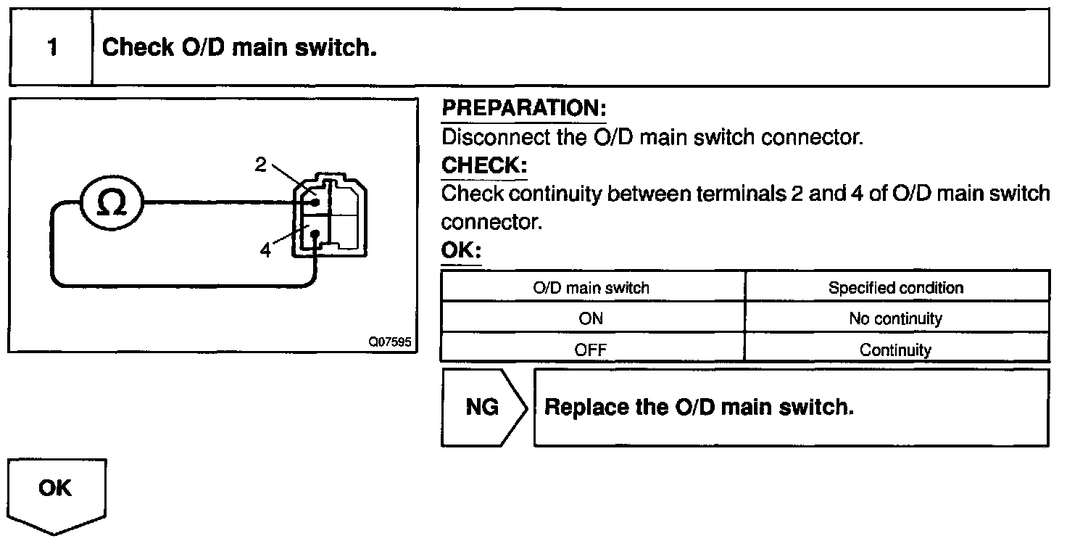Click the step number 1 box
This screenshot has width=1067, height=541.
[x=51, y=47]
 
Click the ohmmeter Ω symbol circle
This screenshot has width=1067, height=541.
[x=112, y=202]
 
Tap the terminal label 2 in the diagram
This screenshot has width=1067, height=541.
[x=260, y=165]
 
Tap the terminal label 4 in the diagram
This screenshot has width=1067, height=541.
[x=265, y=249]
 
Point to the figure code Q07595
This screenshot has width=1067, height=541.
[x=390, y=342]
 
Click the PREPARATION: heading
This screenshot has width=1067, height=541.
[x=524, y=108]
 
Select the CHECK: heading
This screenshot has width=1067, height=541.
[x=484, y=165]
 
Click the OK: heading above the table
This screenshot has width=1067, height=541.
[x=461, y=249]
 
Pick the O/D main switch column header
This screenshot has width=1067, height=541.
[x=591, y=288]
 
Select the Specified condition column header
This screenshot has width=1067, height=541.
[x=896, y=288]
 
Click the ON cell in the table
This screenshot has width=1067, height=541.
[x=591, y=318]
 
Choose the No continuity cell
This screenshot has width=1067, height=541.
[x=896, y=318]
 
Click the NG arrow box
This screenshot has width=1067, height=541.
[x=483, y=408]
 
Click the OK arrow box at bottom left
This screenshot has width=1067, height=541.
[x=57, y=496]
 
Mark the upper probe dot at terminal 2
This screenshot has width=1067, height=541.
[x=315, y=202]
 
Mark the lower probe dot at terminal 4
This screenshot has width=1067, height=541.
[x=315, y=234]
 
